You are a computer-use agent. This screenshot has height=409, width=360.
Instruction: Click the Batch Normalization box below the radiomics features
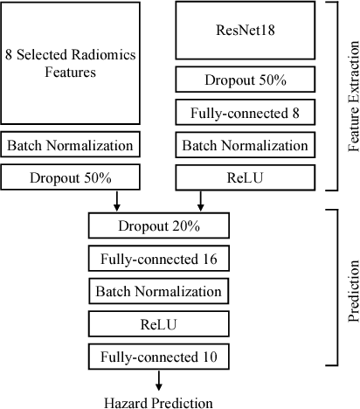pyautogui.click(x=70, y=144)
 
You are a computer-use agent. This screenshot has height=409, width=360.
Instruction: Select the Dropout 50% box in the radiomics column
pyautogui.click(x=70, y=177)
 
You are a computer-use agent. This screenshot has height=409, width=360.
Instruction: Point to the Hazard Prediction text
pyautogui.click(x=157, y=401)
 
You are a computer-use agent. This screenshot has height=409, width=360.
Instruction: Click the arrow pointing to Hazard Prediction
pyautogui.click(x=158, y=379)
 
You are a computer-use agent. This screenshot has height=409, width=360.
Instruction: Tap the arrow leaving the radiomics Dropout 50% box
pyautogui.click(x=115, y=200)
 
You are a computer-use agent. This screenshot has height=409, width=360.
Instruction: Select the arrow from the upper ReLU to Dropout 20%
pyautogui.click(x=201, y=200)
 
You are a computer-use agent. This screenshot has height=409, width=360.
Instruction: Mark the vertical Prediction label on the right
pyautogui.click(x=349, y=288)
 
